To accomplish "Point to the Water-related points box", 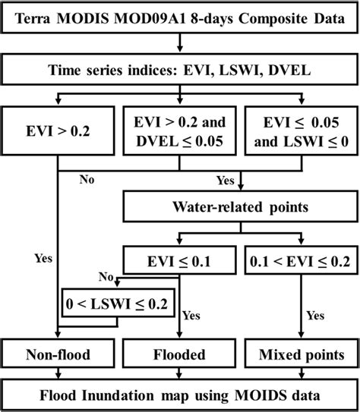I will pyautogui.click(x=241, y=206).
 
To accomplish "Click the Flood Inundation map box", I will pyautogui.click(x=180, y=395).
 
